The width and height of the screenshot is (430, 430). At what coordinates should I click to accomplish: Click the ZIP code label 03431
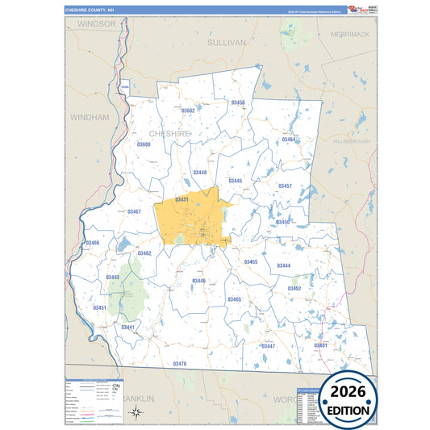[x=182, y=199]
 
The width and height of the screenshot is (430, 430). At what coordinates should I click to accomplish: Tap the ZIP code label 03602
[x=188, y=111]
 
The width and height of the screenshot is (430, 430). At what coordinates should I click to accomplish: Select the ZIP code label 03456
[x=238, y=103]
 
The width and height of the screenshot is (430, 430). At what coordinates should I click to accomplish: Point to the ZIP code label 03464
[x=288, y=140]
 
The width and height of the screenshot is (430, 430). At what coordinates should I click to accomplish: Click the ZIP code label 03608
[x=144, y=144]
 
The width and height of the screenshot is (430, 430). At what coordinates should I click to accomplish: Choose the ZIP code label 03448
[x=200, y=173]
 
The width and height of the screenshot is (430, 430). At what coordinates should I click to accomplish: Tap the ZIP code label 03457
[x=285, y=186]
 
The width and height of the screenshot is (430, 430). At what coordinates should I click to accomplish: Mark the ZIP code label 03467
[x=134, y=211]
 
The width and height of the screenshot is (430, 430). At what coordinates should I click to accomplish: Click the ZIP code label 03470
[x=179, y=364]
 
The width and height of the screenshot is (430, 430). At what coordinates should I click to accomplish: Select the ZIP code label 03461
[x=320, y=345]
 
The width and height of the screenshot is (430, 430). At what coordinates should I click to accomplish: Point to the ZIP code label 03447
[x=268, y=346]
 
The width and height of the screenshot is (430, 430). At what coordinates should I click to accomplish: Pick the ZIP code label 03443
[x=112, y=278]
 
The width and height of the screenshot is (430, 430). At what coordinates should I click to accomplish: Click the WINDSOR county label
[x=97, y=25]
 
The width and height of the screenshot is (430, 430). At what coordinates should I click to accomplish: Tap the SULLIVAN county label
[x=225, y=41]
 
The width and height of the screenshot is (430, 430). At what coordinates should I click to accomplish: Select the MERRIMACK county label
[x=349, y=34]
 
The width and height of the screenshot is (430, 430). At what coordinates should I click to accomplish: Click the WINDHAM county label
[x=89, y=117]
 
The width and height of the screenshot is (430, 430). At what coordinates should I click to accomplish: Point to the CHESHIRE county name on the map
[x=170, y=133]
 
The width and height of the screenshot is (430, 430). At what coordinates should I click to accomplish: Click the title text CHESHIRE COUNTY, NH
[x=97, y=10]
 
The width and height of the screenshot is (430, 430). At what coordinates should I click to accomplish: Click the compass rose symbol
[x=136, y=414]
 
